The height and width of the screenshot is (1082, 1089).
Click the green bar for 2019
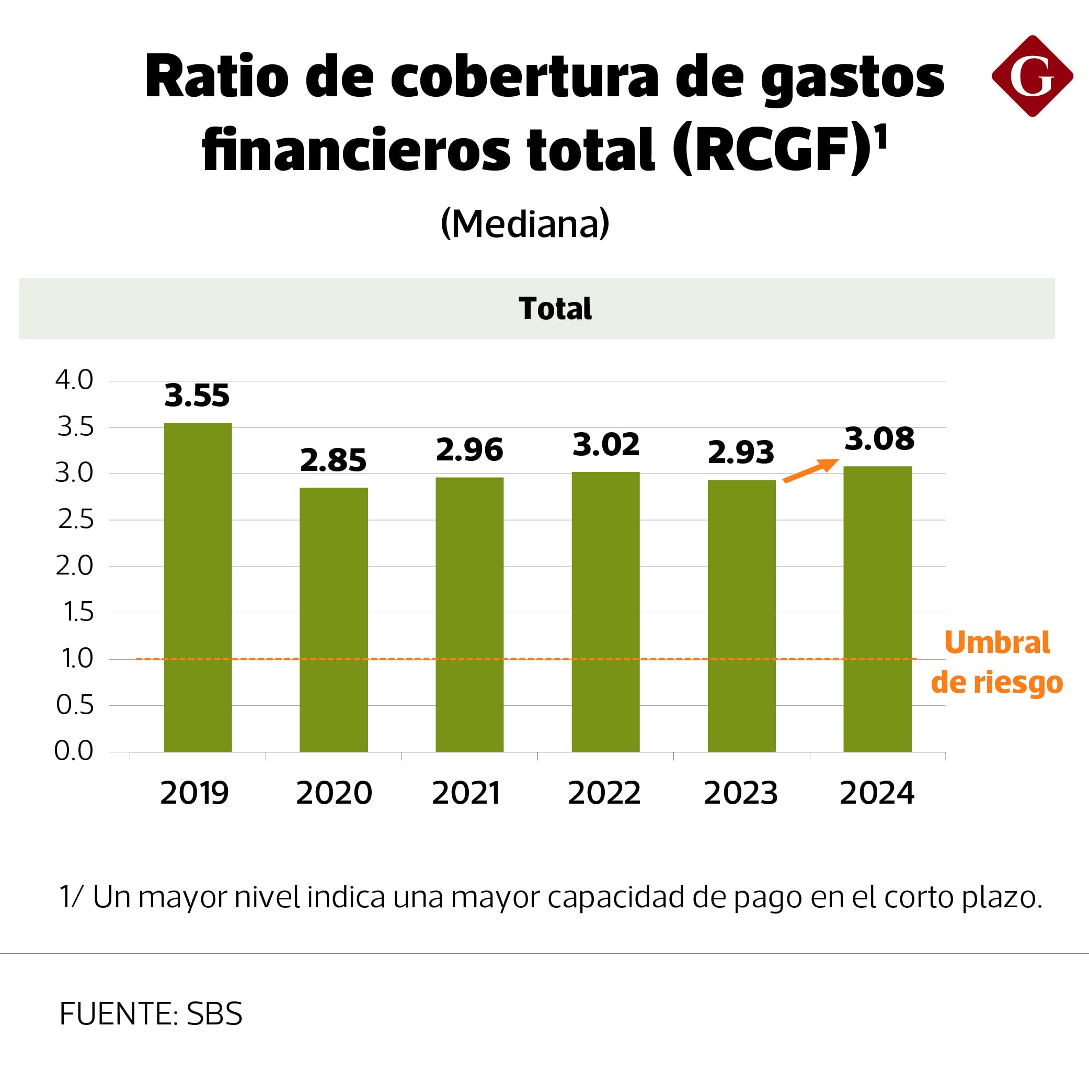[198, 587]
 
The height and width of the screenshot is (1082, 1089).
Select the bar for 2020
[334, 619]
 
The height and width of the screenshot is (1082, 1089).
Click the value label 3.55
[197, 396]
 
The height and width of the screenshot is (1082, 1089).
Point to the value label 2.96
[469, 449]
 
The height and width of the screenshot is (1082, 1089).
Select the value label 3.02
[606, 445]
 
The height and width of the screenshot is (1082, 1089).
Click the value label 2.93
[741, 453]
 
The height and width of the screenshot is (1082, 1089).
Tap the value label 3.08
[879, 439]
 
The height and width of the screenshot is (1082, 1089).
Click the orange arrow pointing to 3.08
[811, 470]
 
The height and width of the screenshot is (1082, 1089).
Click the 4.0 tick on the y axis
[74, 380]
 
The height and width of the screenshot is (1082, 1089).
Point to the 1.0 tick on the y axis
[77, 658]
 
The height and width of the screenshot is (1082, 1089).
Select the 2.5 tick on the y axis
[75, 520]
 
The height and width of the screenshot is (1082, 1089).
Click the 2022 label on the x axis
[604, 793]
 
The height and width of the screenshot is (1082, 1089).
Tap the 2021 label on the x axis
[466, 793]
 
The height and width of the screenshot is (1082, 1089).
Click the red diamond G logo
[1032, 76]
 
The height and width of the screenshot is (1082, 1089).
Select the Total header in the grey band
[555, 309]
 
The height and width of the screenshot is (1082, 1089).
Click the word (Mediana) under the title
[525, 224]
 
